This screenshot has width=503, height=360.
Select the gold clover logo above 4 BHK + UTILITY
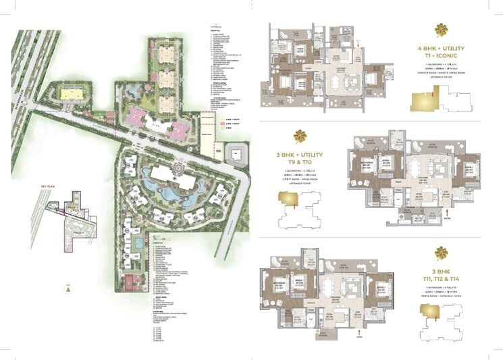pos(441,30)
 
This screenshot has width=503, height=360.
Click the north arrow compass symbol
pos(68,288)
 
